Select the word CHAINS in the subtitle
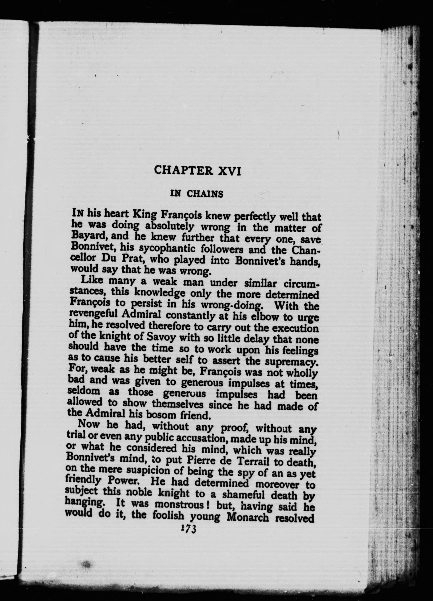pyautogui.click(x=205, y=194)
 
